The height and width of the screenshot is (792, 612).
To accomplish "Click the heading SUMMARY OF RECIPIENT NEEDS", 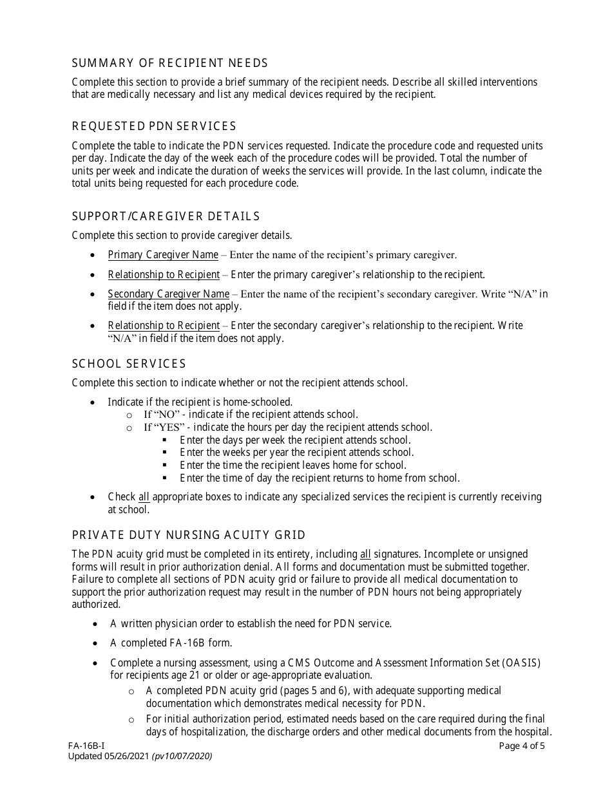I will click(169, 63).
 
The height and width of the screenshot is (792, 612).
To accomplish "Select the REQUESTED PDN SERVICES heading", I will click(154, 126).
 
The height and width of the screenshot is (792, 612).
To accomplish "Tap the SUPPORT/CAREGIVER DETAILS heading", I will click(166, 216).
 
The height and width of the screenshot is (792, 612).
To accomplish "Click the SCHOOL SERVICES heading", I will click(129, 364).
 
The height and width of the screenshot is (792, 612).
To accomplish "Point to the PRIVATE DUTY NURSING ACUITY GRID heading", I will click(189, 536).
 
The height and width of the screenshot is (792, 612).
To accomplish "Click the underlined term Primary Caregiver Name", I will click(163, 254).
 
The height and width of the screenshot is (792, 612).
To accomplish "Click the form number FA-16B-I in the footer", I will click(86, 746).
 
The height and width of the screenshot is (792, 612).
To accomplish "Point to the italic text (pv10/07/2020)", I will click(182, 756).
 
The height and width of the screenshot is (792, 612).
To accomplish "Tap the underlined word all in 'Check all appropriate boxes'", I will click(144, 497).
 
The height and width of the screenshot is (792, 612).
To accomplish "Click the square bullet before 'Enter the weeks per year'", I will click(165, 453).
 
